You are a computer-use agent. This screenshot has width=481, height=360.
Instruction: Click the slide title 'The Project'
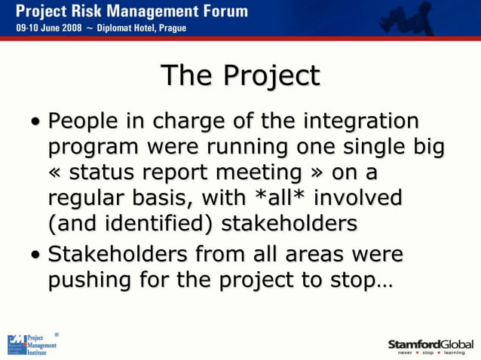coord(240,76)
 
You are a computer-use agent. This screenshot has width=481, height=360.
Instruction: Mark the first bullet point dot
coord(36,123)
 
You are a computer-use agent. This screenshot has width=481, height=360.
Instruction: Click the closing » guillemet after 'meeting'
coord(317,174)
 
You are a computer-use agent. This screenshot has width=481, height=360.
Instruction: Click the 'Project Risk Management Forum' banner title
coord(131,11)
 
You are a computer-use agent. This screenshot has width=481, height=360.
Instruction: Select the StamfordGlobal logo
coord(430,346)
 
